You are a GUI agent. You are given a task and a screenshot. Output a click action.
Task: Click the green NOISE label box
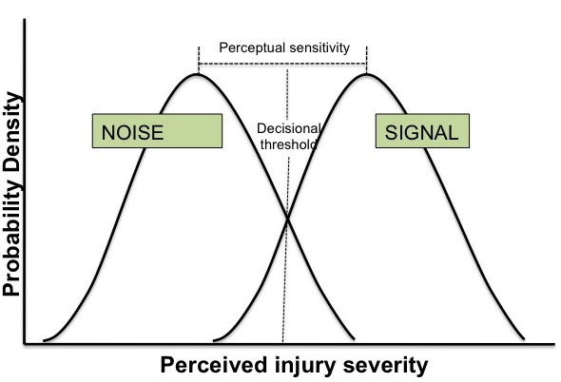(157, 131)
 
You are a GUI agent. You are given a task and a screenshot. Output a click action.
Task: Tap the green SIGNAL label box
(422, 131)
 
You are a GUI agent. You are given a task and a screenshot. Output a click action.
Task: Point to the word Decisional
(288, 128)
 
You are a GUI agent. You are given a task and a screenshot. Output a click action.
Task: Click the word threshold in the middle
(288, 144)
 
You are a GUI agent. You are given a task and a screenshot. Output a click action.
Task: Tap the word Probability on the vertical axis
(11, 230)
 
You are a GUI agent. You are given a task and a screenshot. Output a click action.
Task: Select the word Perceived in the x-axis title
(214, 365)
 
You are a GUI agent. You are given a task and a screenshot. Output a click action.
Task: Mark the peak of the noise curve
(198, 74)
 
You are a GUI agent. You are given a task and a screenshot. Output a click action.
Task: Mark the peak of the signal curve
(366, 74)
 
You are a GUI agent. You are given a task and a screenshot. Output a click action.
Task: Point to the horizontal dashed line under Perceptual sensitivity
(282, 64)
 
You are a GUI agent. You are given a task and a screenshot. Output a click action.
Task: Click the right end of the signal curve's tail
(524, 338)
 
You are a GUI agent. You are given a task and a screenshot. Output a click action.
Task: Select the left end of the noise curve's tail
(44, 340)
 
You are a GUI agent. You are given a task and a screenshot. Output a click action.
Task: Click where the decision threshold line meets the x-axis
(282, 344)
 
